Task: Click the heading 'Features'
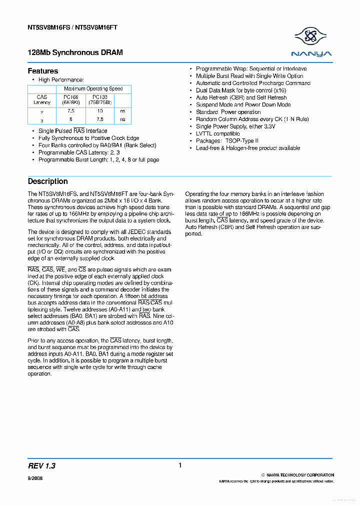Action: [43, 71]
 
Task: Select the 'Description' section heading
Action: [47, 181]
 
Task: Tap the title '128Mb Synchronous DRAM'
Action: [75, 52]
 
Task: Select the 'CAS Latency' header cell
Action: [42, 99]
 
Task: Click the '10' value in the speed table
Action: [100, 111]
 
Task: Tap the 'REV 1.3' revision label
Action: [42, 466]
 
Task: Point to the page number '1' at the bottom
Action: [180, 465]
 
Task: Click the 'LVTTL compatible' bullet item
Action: [218, 134]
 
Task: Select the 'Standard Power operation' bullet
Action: [228, 112]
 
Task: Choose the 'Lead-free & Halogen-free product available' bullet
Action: [248, 148]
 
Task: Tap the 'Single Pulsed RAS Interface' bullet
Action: [73, 131]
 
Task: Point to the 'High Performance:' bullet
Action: [61, 80]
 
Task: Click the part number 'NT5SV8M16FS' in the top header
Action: [48, 28]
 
